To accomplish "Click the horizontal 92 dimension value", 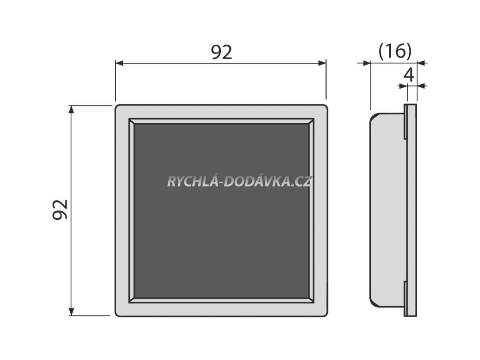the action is click(x=221, y=52).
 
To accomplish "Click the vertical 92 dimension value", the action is click(x=60, y=210).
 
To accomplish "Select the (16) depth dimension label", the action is click(x=395, y=51).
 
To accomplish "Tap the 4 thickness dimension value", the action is click(x=409, y=75).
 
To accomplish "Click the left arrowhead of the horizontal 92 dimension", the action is click(x=120, y=62).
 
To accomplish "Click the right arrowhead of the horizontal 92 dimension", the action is click(x=322, y=62).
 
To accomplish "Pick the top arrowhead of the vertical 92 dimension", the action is click(x=71, y=110).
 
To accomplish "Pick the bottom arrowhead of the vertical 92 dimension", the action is click(x=71, y=311).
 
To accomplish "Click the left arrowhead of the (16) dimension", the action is click(x=367, y=62).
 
